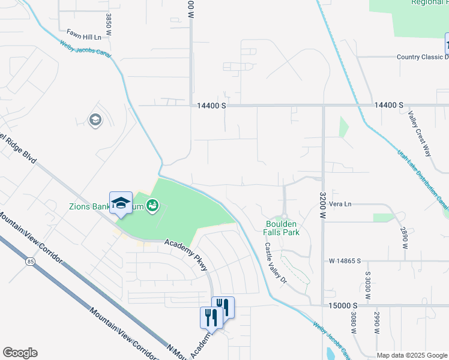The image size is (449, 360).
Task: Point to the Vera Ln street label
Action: click(x=340, y=204)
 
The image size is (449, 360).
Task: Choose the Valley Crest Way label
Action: click(x=420, y=134)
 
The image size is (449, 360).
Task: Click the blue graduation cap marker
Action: click(x=120, y=202)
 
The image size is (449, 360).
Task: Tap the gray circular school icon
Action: click(x=95, y=121)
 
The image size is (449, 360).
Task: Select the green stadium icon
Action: click(x=152, y=206)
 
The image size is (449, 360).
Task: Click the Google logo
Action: click(x=20, y=353)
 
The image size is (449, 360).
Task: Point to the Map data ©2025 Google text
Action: click(x=411, y=355)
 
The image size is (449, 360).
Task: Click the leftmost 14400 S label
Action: click(x=211, y=105)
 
